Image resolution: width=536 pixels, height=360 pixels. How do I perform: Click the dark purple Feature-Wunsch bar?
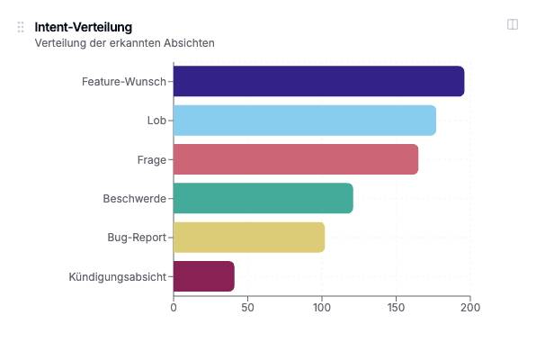[x=318, y=81]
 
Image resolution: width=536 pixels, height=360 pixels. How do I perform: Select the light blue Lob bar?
[x=304, y=121]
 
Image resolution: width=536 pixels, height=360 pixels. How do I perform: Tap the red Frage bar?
[x=295, y=159]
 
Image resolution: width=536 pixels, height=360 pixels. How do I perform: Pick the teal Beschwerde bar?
[x=263, y=198]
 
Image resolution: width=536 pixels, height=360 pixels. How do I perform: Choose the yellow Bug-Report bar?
[x=248, y=238]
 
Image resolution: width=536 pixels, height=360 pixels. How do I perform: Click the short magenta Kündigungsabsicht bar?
[x=203, y=276]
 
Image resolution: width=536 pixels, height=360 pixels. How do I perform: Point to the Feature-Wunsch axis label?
[x=124, y=82]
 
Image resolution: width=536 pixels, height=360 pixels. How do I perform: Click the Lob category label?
[x=156, y=121]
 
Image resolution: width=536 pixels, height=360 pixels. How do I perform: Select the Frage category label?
[x=152, y=159]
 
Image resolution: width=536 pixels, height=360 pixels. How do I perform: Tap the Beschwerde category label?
[x=134, y=199]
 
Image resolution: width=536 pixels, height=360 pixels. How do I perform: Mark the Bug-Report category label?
[x=137, y=238]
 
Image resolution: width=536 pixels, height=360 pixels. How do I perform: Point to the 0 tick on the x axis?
[x=174, y=308]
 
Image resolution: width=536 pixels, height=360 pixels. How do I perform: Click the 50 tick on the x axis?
[x=247, y=308]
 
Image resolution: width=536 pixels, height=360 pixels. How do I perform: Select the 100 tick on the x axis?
[x=322, y=308]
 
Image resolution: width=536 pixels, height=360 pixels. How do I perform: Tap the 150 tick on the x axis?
[x=396, y=308]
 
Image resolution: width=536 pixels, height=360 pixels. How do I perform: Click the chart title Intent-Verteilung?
[x=84, y=27]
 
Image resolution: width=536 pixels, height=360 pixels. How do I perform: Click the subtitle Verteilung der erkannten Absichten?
[x=124, y=42]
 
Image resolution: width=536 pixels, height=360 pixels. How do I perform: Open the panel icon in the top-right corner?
[x=513, y=25]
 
